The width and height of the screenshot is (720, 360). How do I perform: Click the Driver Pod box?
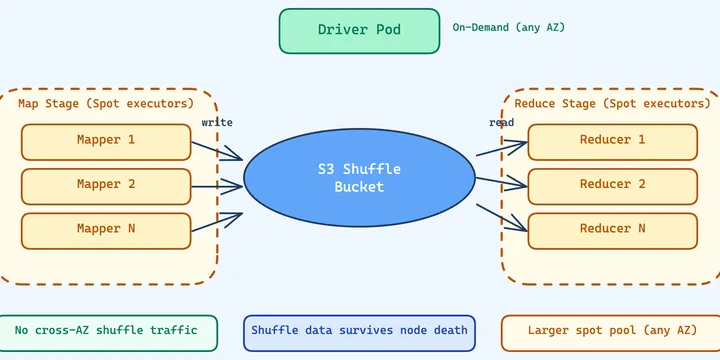[x=359, y=30]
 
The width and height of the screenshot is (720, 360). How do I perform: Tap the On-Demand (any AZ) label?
[x=508, y=27]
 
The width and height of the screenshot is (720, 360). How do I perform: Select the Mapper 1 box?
[x=106, y=141]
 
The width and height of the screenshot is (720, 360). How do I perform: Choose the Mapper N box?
[x=106, y=230]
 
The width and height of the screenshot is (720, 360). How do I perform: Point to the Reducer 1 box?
[x=612, y=141]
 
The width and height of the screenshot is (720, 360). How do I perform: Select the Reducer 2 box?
[x=612, y=185]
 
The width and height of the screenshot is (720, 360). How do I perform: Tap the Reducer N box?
[x=612, y=230]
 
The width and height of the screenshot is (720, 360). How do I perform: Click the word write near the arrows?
[x=217, y=122]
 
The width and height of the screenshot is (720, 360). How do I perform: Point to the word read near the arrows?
[x=502, y=122]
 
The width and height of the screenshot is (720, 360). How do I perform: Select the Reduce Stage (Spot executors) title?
[x=612, y=103]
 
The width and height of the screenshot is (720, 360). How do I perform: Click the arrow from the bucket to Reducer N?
[x=501, y=218]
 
